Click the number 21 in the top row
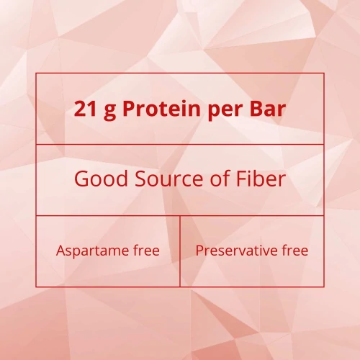point(85,109)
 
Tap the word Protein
point(158,109)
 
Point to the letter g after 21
point(109,112)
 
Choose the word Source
point(162,179)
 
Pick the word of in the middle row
point(212,179)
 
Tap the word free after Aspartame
point(147,251)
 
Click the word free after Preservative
point(296,251)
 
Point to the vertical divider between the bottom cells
point(180,251)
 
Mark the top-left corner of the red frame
point(36,73)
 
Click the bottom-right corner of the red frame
point(324,287)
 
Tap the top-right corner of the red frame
point(324,73)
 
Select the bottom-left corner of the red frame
point(36,287)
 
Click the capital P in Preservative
point(199,251)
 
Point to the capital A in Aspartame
point(60,251)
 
